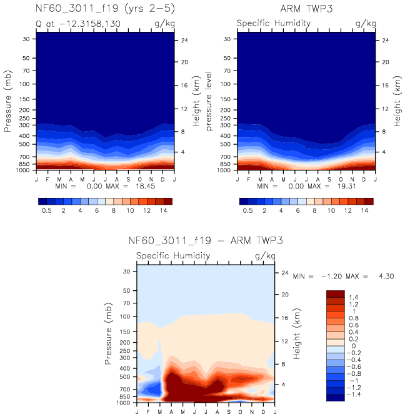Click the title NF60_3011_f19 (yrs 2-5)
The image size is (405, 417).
click(x=105, y=10)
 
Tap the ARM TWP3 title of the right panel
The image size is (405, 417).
click(x=306, y=10)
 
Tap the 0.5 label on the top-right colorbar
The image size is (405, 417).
click(x=247, y=211)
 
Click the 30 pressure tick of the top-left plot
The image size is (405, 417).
click(x=27, y=39)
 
